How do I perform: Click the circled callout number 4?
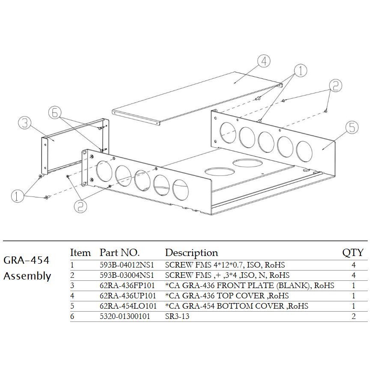(x=264, y=61)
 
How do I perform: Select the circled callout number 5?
(x=352, y=127)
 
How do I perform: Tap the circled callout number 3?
(x=25, y=123)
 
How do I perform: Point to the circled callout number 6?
(x=55, y=113)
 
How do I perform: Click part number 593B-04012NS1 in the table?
(x=127, y=265)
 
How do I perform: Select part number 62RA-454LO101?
(x=128, y=306)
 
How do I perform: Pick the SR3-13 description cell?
(x=177, y=316)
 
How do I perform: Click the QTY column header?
(x=353, y=253)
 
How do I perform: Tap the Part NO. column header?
(x=119, y=253)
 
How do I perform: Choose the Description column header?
(x=191, y=253)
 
